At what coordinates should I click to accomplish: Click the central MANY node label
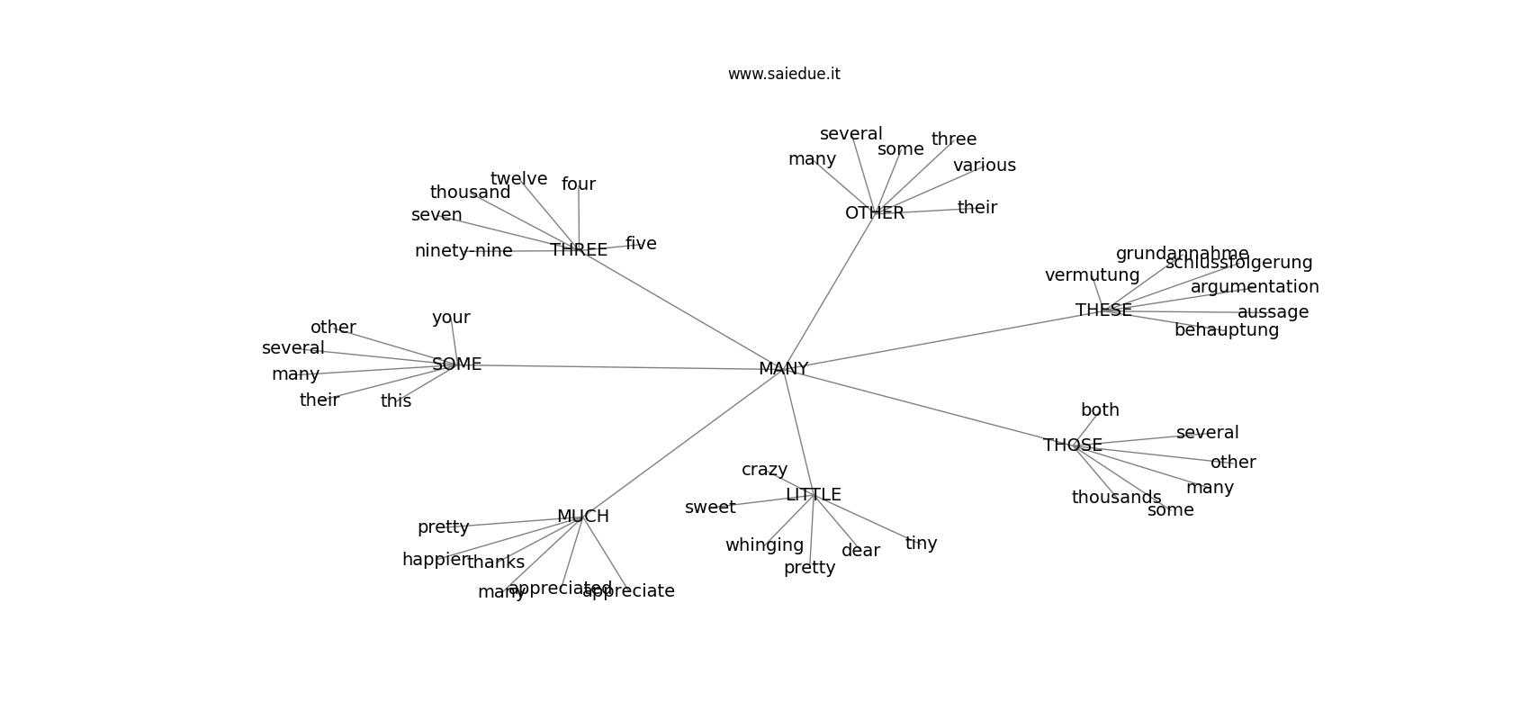tap(783, 369)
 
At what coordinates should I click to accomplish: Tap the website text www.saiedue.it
tap(784, 74)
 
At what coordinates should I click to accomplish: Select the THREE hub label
tap(579, 250)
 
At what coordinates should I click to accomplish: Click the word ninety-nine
tap(463, 251)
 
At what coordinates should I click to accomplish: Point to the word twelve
tap(518, 179)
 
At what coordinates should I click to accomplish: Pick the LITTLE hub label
tap(813, 495)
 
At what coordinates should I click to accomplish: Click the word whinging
tap(764, 545)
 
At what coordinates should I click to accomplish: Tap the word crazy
tap(764, 470)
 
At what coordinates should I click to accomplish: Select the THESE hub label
tap(1103, 310)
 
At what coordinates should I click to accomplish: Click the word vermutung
tap(1092, 275)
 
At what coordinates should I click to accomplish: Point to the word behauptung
tap(1226, 330)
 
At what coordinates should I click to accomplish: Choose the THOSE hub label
tap(1073, 445)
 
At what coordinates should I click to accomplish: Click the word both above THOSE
tap(1100, 410)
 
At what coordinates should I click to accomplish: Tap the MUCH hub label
tap(583, 517)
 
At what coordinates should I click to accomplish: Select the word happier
tap(436, 560)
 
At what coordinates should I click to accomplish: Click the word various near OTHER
tap(984, 166)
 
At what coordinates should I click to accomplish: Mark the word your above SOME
tap(451, 318)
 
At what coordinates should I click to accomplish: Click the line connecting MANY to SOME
tap(621, 367)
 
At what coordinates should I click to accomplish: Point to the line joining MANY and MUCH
tap(684, 443)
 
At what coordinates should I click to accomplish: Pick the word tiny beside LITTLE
tap(921, 544)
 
